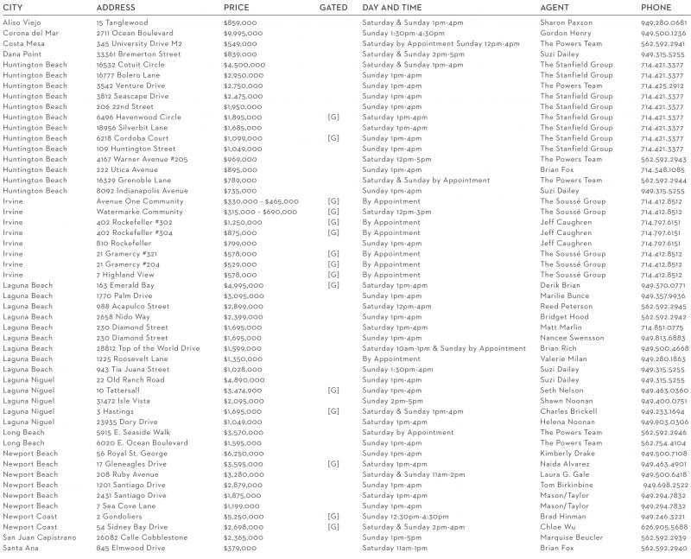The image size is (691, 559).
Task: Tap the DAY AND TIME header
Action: (x=392, y=7)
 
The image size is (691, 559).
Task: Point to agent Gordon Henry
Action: (x=565, y=33)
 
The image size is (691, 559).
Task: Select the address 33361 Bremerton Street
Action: (x=138, y=54)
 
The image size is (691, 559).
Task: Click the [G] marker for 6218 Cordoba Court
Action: (x=333, y=138)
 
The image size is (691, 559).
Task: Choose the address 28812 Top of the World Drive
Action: (x=148, y=348)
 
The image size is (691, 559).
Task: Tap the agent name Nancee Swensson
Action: (x=573, y=338)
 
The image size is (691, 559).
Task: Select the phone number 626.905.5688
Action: (x=663, y=527)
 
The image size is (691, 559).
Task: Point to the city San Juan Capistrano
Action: (x=41, y=537)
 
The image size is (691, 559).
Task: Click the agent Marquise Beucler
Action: (x=572, y=537)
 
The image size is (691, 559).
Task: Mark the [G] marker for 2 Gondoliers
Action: (x=333, y=517)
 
